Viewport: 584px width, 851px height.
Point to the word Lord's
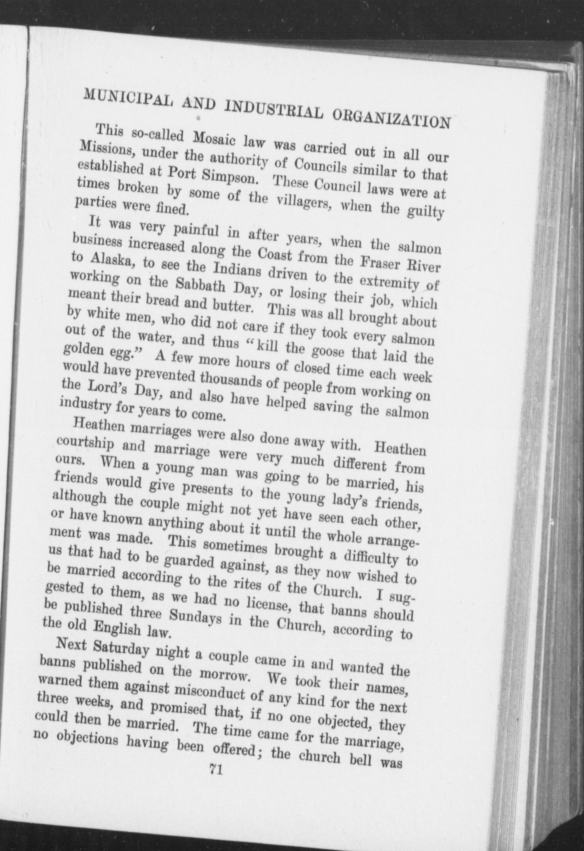coord(107,388)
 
